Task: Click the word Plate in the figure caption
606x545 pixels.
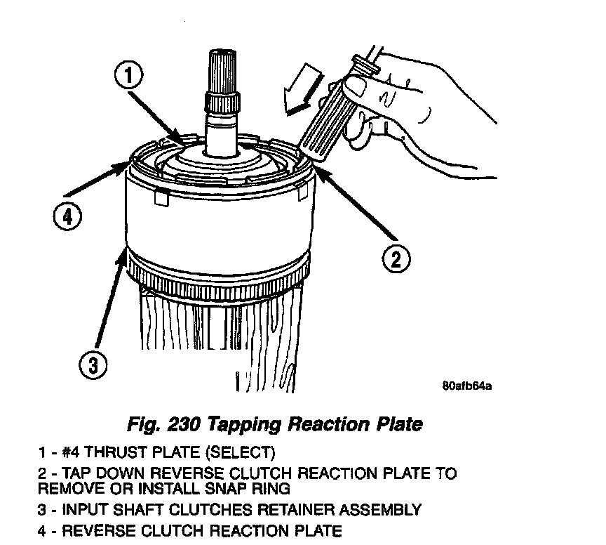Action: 400,425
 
